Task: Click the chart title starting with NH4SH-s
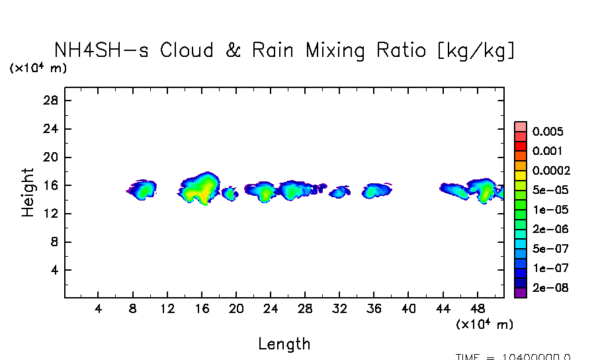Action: click(284, 51)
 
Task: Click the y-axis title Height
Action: click(28, 192)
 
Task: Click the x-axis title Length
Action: click(284, 343)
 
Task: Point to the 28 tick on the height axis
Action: click(52, 101)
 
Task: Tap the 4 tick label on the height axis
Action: click(55, 271)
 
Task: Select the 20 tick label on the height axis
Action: click(52, 157)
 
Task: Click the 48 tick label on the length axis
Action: click(478, 309)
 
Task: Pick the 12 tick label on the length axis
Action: click(167, 309)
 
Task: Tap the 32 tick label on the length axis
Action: click(340, 309)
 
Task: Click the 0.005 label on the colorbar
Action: click(547, 131)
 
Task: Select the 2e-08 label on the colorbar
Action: click(548, 289)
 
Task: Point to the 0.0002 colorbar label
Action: click(551, 171)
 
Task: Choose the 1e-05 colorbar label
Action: click(548, 210)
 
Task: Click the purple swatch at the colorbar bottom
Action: click(520, 292)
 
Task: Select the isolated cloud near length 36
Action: click(376, 191)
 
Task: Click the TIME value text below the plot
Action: click(513, 357)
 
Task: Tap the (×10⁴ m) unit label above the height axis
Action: click(38, 68)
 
